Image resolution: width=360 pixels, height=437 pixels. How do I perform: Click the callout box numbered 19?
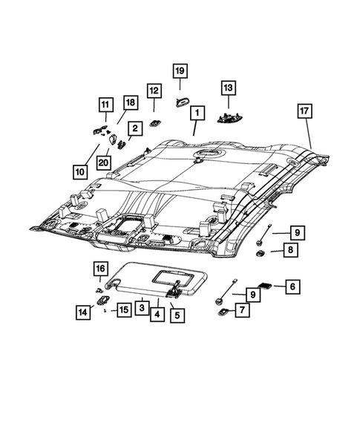pos(180,70)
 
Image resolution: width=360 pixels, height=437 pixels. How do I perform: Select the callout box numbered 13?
pos(229,88)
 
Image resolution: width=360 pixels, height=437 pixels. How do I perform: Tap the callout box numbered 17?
pos(304,111)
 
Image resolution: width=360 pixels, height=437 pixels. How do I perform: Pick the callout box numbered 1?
pos(197,113)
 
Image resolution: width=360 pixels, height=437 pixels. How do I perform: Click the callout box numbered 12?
pos(154,91)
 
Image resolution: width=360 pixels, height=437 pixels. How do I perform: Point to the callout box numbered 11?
pos(105,105)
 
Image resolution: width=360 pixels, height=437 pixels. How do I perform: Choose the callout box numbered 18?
pos(131,102)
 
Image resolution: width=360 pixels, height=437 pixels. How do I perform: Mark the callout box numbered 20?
pos(103,162)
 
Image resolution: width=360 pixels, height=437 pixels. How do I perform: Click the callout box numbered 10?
pos(80,171)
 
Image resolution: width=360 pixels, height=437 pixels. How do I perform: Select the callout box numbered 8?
pos(290,250)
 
